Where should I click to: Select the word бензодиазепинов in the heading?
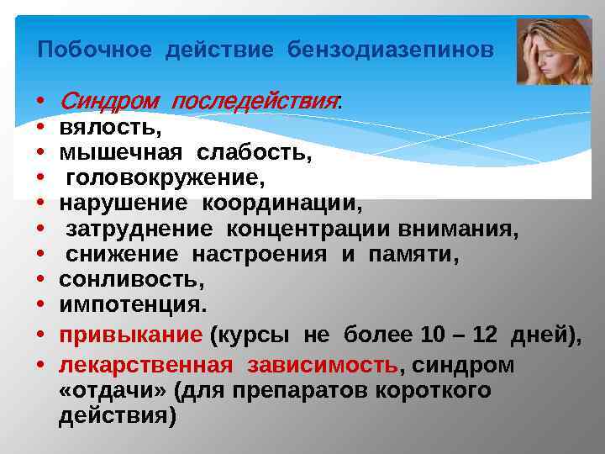[391, 50]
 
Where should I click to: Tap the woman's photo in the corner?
[554, 52]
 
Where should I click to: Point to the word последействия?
[255, 103]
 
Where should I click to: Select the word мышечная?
[120, 154]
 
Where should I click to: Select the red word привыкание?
[130, 335]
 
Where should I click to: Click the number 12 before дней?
[486, 335]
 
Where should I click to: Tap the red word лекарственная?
[145, 366]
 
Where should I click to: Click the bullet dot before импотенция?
[40, 304]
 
